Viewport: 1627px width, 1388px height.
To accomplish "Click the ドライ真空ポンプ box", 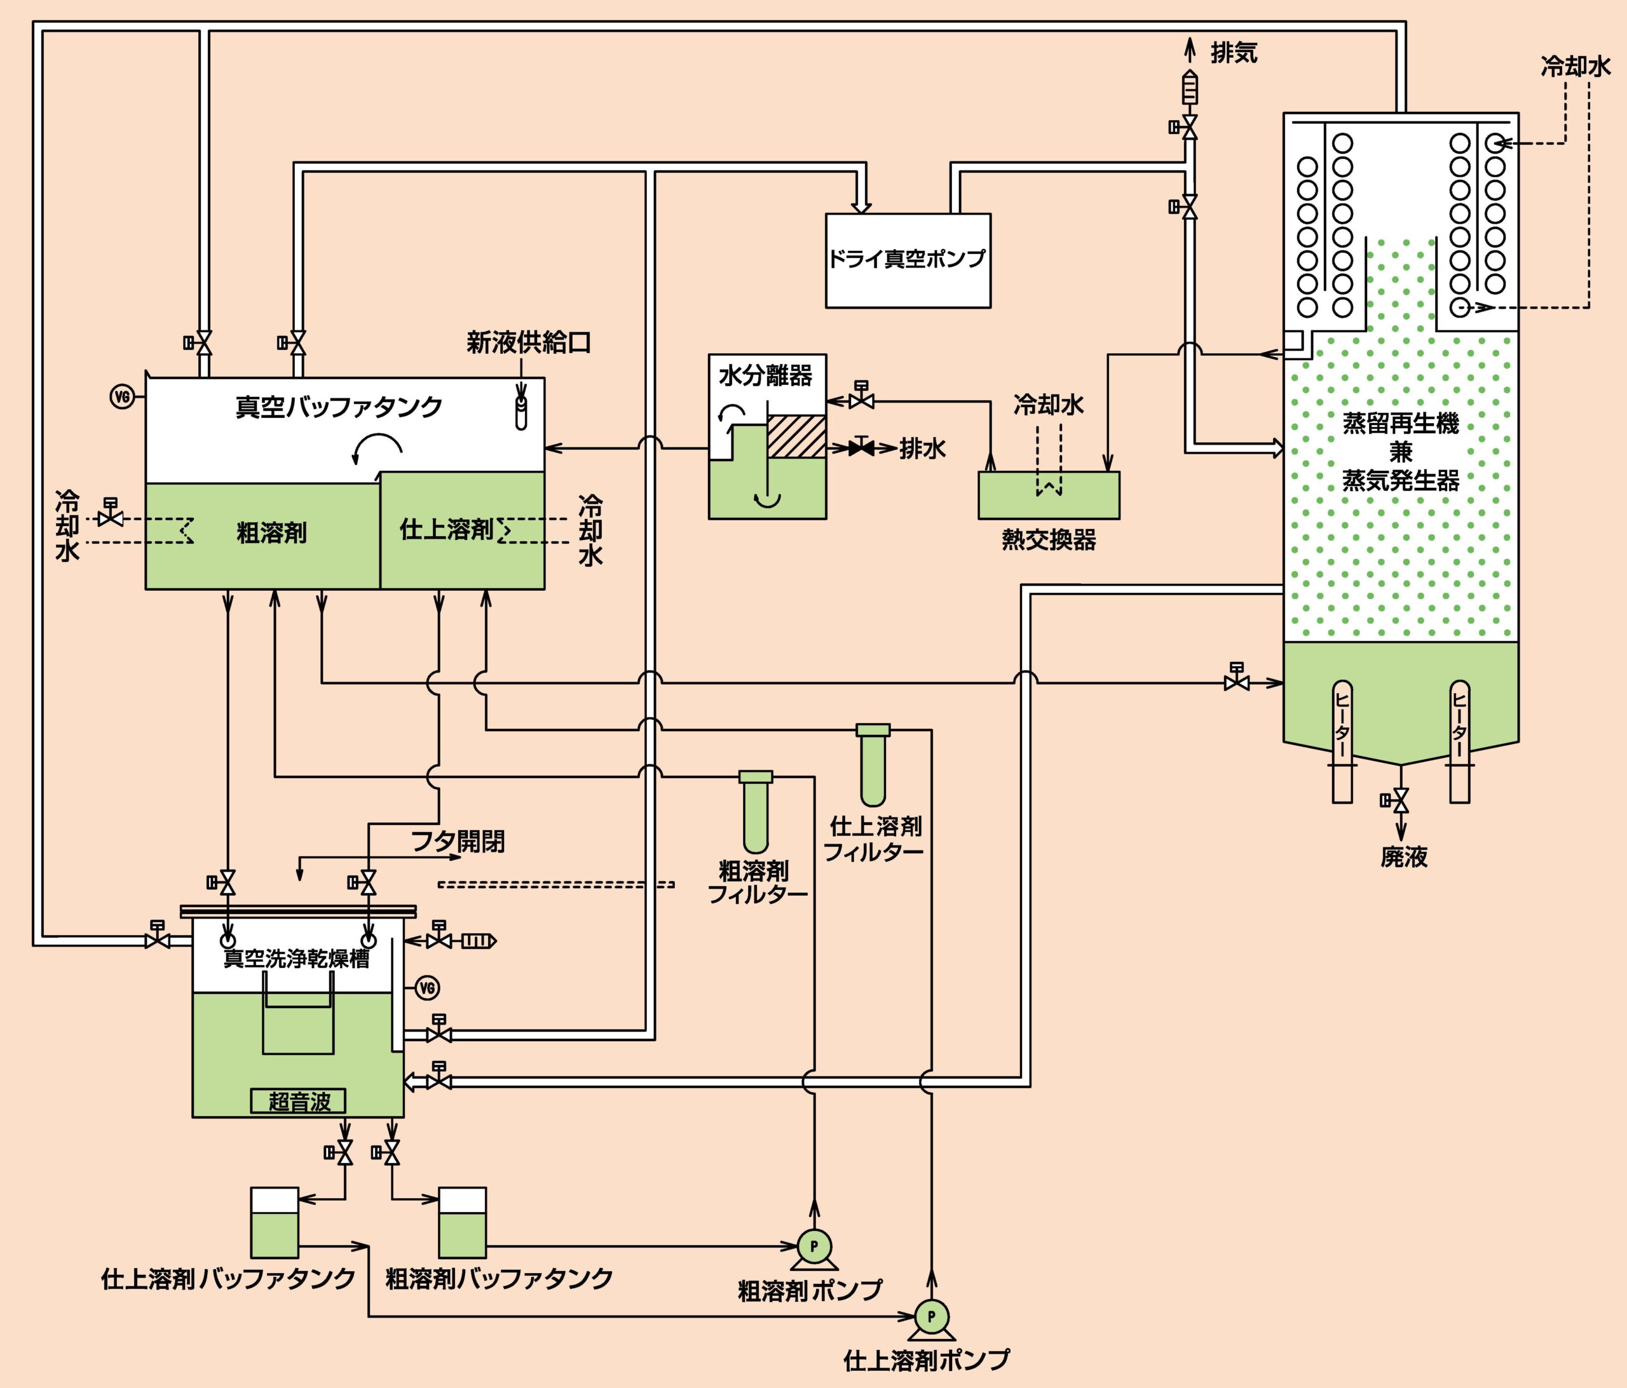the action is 908,260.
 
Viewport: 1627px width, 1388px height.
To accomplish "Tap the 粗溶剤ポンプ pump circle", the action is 813,1245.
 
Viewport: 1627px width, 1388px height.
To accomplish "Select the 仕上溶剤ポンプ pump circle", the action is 931,1317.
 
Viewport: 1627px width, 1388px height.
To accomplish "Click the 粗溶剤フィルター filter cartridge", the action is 756,812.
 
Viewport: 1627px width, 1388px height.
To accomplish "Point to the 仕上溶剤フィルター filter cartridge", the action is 873,765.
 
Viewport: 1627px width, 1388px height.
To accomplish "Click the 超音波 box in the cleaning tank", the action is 298,1102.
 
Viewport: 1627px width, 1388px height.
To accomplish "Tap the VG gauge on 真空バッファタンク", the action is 122,397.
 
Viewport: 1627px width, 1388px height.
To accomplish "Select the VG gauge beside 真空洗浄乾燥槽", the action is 427,988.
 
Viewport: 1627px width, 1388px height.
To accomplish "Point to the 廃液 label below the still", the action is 1404,856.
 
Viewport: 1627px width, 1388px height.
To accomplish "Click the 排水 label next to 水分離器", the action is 923,448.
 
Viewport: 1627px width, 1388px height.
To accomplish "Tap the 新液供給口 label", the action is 529,342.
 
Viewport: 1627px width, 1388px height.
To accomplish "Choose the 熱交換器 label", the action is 1048,539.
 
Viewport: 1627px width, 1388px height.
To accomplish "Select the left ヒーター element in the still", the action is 1343,741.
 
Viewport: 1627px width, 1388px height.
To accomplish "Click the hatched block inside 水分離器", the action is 796,436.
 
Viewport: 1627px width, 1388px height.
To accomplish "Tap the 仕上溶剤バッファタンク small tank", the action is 274,1222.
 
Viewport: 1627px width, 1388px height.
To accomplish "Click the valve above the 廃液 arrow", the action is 1400,800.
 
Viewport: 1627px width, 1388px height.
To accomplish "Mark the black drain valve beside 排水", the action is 861,448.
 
